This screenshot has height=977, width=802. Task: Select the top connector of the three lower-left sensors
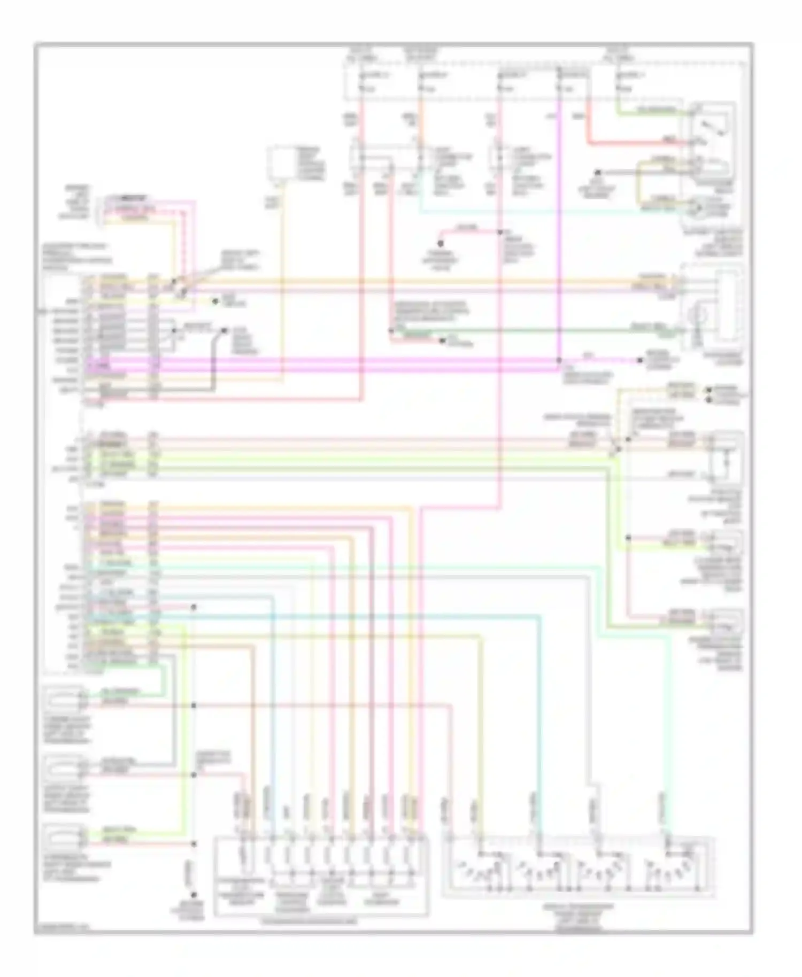point(64,697)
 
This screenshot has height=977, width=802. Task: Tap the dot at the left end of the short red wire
point(442,243)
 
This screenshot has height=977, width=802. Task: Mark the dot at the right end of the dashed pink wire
point(640,360)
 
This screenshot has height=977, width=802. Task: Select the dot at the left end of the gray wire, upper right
point(598,173)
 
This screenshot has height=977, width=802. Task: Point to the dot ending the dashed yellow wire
point(215,301)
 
